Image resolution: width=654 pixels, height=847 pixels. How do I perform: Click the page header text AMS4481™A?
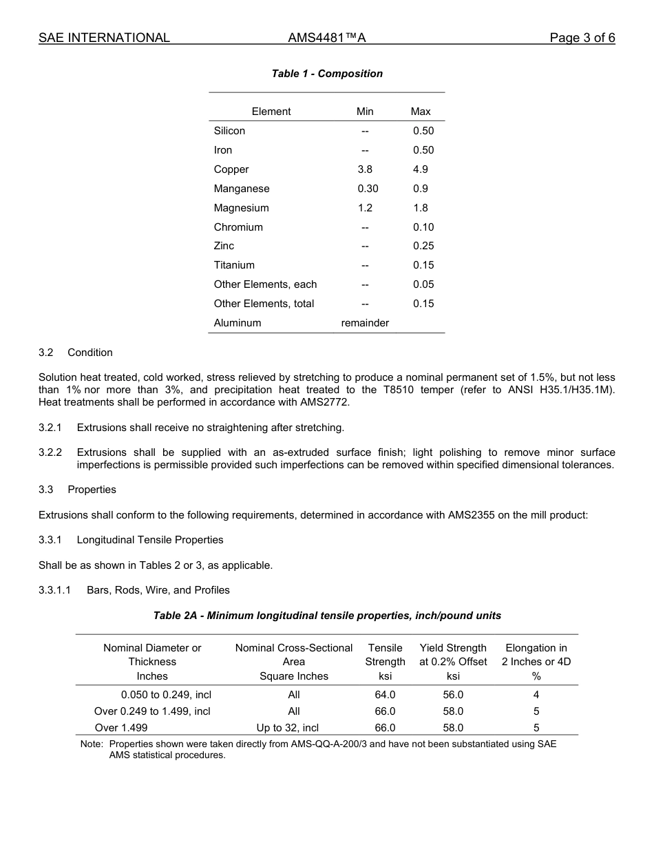click(x=326, y=38)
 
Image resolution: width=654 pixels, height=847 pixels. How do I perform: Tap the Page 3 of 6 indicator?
click(x=582, y=38)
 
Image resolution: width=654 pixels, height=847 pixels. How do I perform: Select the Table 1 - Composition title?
click(x=327, y=74)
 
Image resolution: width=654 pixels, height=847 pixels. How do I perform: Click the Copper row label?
click(x=231, y=169)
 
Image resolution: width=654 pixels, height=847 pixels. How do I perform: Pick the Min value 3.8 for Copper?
click(x=365, y=169)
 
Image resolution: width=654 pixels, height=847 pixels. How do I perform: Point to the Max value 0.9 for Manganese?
click(x=420, y=189)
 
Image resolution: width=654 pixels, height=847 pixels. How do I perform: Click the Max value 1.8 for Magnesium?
click(x=420, y=208)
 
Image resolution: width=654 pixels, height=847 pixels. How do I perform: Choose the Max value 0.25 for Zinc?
click(x=423, y=246)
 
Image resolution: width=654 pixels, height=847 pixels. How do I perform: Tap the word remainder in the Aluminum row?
click(x=365, y=323)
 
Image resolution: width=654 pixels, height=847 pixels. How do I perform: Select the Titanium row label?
click(x=234, y=265)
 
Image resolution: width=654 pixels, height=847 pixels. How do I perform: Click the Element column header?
click(x=271, y=112)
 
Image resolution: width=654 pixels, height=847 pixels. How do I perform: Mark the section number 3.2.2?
click(x=50, y=452)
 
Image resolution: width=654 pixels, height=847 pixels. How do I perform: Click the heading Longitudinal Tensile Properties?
click(x=150, y=540)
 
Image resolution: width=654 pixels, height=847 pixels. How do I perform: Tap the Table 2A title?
click(x=327, y=616)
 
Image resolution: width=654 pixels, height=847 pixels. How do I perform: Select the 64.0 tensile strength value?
click(x=385, y=695)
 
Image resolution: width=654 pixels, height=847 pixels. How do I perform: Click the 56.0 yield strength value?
click(x=453, y=695)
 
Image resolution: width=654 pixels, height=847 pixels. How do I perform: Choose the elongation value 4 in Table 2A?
click(x=536, y=695)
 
